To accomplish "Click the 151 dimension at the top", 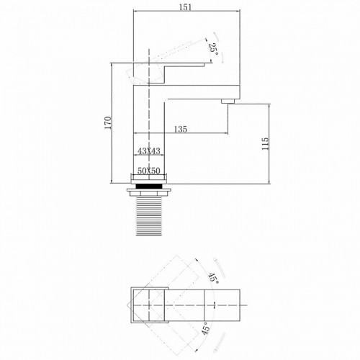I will [186, 7].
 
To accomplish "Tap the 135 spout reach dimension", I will [180, 130].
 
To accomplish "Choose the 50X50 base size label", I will [148, 170].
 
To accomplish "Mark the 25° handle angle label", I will [213, 48].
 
